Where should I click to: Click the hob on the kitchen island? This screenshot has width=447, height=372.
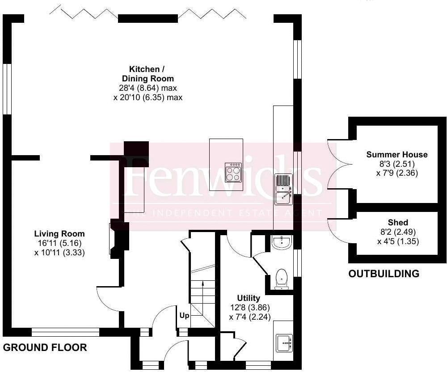point(232,173)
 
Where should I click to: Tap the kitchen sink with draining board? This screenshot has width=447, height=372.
point(283,188)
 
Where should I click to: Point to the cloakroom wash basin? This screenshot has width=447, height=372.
point(282,243)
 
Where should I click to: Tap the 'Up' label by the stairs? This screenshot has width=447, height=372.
point(184,315)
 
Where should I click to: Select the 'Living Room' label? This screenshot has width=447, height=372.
point(59,234)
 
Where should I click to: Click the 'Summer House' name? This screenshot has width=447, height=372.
point(397,155)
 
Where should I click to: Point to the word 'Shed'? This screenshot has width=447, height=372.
point(398,223)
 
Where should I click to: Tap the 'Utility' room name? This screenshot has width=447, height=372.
point(249,298)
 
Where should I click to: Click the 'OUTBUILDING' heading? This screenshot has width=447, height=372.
point(384,274)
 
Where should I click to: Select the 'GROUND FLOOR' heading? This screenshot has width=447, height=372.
point(45,347)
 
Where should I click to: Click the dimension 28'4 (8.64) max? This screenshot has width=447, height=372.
point(148,88)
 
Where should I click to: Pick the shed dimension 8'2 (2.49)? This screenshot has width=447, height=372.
point(398,232)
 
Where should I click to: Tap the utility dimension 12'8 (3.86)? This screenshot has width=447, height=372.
point(249,308)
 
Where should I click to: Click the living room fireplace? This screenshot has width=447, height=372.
point(115,239)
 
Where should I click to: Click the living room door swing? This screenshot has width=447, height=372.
point(107,299)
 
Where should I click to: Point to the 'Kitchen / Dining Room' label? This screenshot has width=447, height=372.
point(144,74)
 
